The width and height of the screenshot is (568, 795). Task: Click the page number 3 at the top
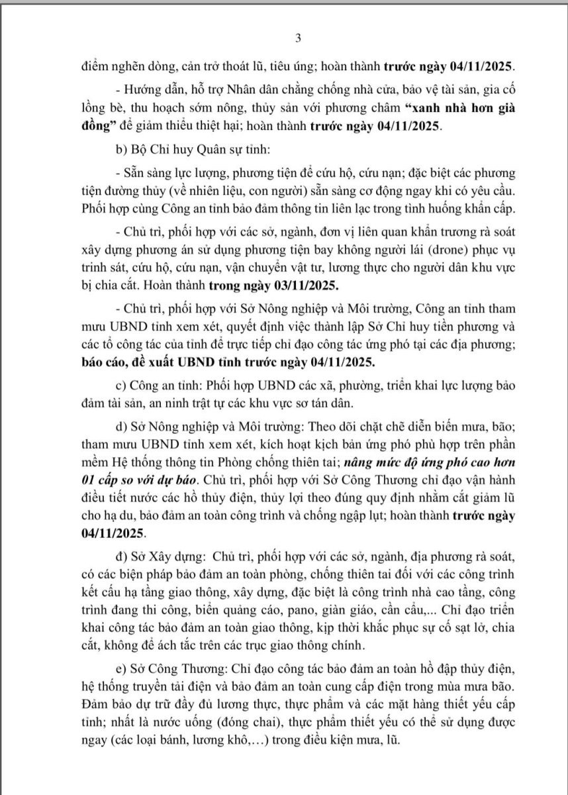tap(298, 38)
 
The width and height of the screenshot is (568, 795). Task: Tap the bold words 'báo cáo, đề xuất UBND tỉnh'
tap(156, 361)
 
